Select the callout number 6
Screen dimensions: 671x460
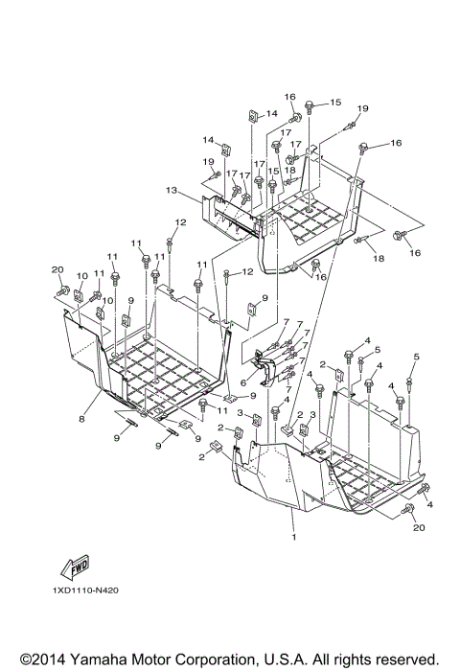[244, 381]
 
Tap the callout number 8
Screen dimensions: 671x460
[82, 418]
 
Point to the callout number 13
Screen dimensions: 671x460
[172, 192]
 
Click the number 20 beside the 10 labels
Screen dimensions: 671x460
[57, 269]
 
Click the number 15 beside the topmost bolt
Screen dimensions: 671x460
[334, 103]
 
